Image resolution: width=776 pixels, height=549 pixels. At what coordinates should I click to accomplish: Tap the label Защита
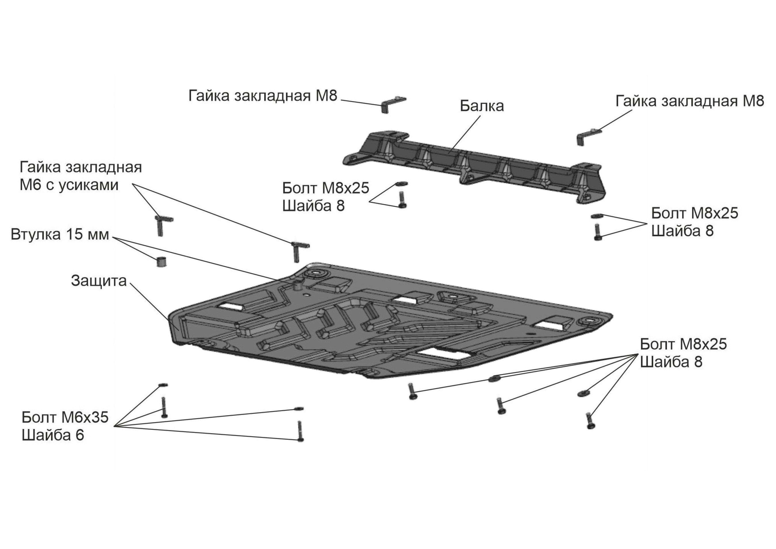tap(99, 281)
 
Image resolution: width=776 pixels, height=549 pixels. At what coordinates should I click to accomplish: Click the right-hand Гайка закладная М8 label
tap(690, 101)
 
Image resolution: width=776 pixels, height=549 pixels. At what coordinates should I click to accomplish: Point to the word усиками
tap(88, 185)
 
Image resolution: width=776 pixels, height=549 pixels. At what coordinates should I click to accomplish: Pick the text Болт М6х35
tap(65, 418)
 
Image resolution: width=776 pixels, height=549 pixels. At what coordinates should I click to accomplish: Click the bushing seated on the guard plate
tap(298, 285)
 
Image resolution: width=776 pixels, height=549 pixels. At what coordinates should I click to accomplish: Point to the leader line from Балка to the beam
tap(465, 134)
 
